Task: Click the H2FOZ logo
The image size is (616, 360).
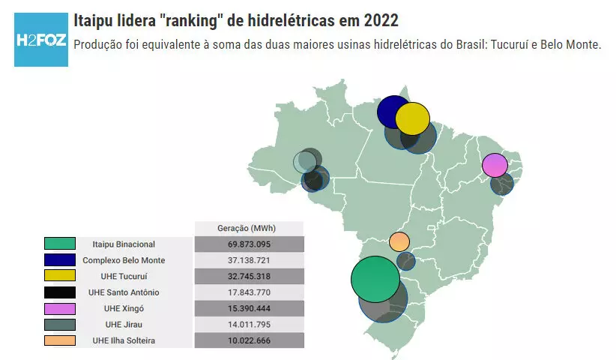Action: point(40,39)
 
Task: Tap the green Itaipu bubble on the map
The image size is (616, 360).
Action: point(375,280)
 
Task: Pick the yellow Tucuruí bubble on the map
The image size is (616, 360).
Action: point(413,119)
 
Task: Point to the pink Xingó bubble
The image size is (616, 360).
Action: point(495,164)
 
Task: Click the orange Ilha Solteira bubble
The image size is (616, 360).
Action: point(399,242)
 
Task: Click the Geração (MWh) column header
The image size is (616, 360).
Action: point(248,228)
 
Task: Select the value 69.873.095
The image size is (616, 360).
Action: point(249,244)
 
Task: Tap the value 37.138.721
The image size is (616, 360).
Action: point(249,260)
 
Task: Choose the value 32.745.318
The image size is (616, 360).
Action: point(249,276)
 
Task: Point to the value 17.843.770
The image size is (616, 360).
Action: point(249,292)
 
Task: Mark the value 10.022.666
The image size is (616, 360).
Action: point(249,340)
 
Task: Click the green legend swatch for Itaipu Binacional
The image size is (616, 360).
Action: point(60,244)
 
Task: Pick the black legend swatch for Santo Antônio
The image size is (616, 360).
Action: point(60,292)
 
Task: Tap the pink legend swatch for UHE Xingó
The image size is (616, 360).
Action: point(60,308)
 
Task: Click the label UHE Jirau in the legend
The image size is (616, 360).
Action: point(124,325)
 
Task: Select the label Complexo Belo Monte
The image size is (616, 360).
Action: point(124,260)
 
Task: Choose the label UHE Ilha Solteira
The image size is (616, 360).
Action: point(124,340)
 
